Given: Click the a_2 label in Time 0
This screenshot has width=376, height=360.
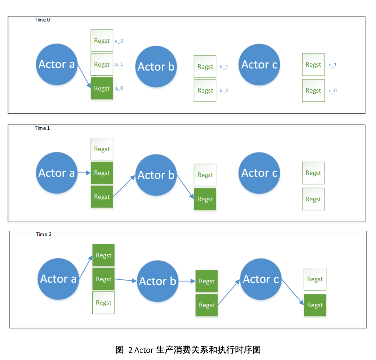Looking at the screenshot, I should tap(119, 41).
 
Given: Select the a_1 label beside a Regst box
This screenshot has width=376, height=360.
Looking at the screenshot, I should tap(119, 64).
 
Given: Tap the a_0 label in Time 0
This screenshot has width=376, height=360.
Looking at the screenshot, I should tap(119, 88).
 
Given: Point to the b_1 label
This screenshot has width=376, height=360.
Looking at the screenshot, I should tap(224, 67).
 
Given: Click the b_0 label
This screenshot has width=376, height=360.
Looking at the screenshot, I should tap(224, 91).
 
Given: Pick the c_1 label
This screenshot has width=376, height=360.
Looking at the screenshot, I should tap(332, 65).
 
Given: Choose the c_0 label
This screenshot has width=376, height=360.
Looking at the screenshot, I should tap(332, 91).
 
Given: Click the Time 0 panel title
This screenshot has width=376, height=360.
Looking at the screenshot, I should tap(42, 20).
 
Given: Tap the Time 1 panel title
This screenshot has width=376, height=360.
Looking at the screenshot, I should tap(42, 128).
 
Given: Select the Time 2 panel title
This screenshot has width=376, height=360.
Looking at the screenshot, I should tap(44, 234).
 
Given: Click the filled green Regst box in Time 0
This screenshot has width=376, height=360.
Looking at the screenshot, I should tap(102, 88).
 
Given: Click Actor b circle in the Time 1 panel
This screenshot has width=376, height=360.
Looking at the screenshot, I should tap(156, 175).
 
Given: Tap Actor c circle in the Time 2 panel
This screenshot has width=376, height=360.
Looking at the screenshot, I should tap(261, 279).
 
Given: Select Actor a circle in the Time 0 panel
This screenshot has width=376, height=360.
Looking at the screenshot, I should tap(56, 65).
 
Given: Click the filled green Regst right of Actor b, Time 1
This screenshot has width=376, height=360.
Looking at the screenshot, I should tap(205, 199).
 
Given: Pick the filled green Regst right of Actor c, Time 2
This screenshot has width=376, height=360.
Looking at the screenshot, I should tap(315, 305).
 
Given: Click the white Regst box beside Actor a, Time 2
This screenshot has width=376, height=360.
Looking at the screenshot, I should tap(103, 303).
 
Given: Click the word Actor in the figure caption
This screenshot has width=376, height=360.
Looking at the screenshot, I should tap(144, 350).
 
